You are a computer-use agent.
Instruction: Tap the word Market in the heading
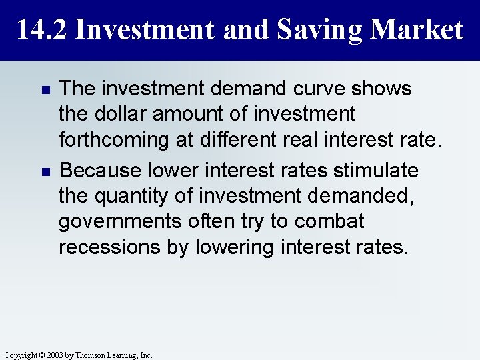click(x=417, y=30)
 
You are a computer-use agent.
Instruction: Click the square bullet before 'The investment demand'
click(x=45, y=89)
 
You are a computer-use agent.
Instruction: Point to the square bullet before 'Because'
click(x=45, y=172)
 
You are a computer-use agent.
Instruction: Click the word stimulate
click(x=377, y=171)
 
